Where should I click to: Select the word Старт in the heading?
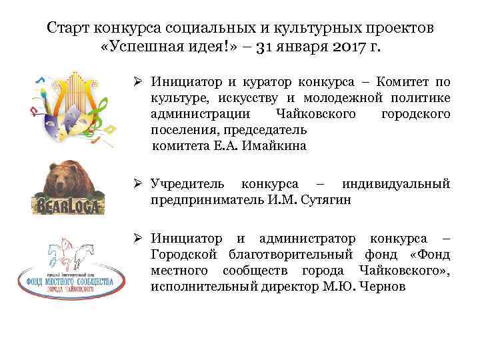(69, 28)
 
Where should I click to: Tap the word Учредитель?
(189, 183)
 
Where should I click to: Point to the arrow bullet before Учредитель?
(136, 183)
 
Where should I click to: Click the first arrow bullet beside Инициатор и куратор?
(136, 82)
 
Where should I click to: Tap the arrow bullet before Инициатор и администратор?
(136, 238)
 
